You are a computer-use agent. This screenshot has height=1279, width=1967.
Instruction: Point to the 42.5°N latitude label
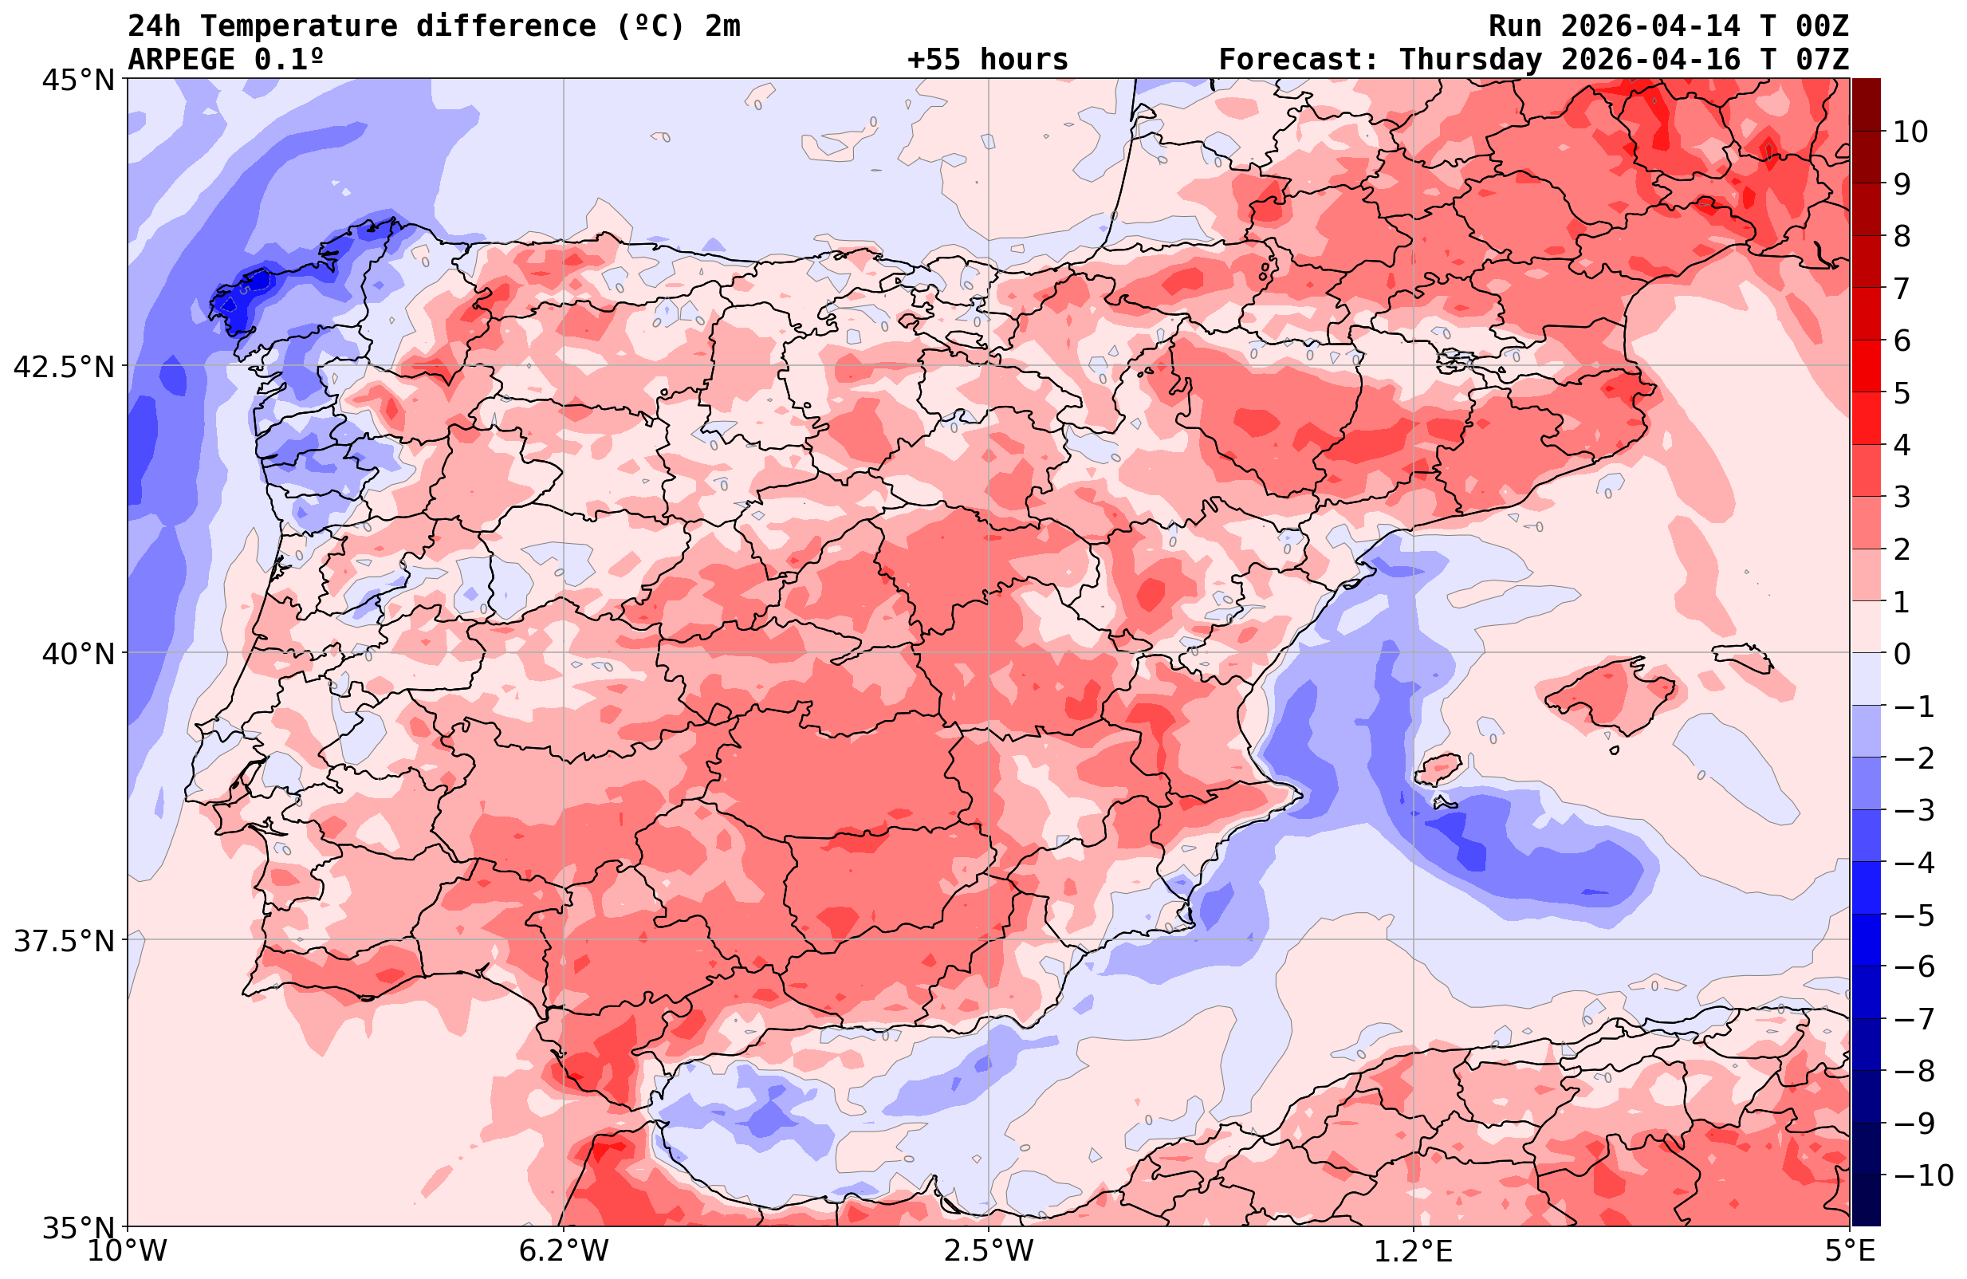[63, 366]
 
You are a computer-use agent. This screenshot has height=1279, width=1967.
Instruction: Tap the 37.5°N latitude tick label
[63, 941]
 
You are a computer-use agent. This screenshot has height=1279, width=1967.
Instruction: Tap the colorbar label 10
[1911, 132]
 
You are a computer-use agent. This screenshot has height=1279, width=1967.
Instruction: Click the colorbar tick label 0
[1902, 654]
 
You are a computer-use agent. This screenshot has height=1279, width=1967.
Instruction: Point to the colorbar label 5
[1902, 393]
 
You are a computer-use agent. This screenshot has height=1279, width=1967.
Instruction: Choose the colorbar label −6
[1913, 966]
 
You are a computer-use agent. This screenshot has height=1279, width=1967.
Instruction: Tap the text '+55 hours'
[988, 60]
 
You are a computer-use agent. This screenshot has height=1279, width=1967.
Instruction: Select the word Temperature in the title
[298, 26]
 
